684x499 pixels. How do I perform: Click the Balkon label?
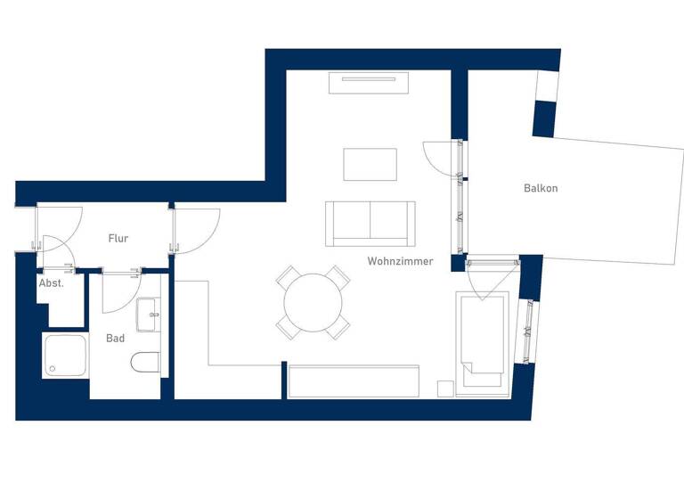pos(541,189)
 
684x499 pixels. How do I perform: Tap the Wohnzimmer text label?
pos(400,261)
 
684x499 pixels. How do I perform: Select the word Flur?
pos(118,238)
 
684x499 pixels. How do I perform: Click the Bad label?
pos(116,339)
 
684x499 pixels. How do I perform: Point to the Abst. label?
pos(52,283)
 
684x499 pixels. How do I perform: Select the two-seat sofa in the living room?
pos(370,223)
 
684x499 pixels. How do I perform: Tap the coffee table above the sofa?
pos(370,164)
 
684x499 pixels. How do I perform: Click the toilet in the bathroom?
pos(145,362)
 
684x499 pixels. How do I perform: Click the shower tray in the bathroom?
pos(65,356)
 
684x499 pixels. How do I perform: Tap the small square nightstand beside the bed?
pos(444,388)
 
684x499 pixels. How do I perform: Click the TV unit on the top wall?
pos(369,83)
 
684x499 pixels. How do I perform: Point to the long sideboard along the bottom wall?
pos(354,380)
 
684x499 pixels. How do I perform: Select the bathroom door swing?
pos(119,292)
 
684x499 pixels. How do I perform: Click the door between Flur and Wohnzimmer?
pos(196,230)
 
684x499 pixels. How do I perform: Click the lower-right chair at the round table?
pos(337,328)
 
